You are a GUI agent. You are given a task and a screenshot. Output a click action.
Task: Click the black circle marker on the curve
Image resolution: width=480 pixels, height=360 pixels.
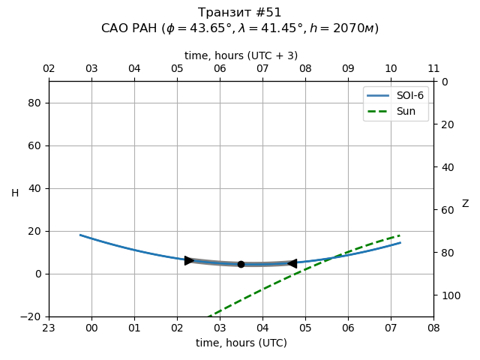241,264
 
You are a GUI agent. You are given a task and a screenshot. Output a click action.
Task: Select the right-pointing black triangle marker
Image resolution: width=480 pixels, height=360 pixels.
189,260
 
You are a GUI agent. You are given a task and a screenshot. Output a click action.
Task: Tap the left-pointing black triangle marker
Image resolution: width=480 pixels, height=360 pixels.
292,263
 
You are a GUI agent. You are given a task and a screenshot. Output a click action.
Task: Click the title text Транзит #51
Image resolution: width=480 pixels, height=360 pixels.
240,13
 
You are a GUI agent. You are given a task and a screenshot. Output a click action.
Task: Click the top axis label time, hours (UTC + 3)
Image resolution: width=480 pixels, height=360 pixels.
241,55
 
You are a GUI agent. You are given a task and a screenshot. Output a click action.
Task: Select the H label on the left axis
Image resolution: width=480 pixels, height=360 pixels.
15,193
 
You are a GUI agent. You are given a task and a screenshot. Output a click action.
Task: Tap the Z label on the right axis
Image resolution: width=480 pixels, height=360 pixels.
465,204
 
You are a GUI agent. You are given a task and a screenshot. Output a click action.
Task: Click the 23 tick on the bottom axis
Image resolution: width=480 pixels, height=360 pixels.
49,328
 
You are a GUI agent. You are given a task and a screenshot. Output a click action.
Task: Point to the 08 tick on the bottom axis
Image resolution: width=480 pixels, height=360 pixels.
433,328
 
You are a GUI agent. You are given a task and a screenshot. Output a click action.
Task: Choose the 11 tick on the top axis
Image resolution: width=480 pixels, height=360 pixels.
433,69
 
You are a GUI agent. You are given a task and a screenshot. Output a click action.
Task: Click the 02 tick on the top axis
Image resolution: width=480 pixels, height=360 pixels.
49,69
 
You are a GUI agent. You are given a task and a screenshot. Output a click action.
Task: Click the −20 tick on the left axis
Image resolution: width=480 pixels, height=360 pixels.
32,316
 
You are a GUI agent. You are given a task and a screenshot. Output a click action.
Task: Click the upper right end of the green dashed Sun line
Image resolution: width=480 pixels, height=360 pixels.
400,235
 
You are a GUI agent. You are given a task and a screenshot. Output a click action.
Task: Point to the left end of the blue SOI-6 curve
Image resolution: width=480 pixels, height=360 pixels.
81,235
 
